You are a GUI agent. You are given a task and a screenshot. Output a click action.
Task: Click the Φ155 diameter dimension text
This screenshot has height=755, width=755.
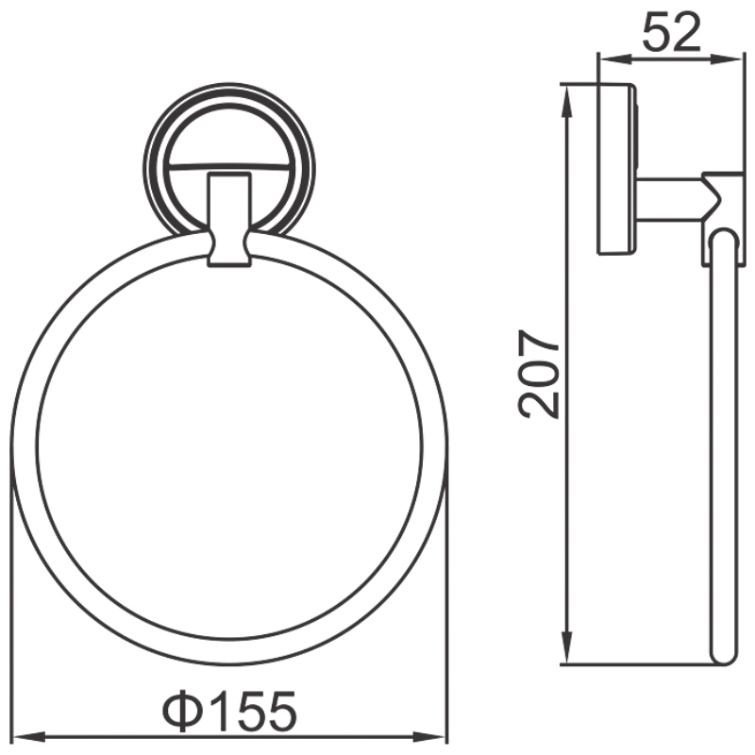coord(229,711)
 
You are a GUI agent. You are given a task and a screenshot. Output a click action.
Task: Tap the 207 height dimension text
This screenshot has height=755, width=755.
coord(539,374)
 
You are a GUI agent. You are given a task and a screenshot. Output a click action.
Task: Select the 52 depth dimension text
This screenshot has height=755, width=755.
coord(671,32)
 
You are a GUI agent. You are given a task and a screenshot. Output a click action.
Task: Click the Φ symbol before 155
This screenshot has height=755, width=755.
coord(182,711)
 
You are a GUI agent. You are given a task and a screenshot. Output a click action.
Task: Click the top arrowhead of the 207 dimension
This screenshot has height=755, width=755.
coord(568,101)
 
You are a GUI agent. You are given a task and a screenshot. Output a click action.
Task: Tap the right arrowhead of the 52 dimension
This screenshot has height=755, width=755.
coord(726,59)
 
